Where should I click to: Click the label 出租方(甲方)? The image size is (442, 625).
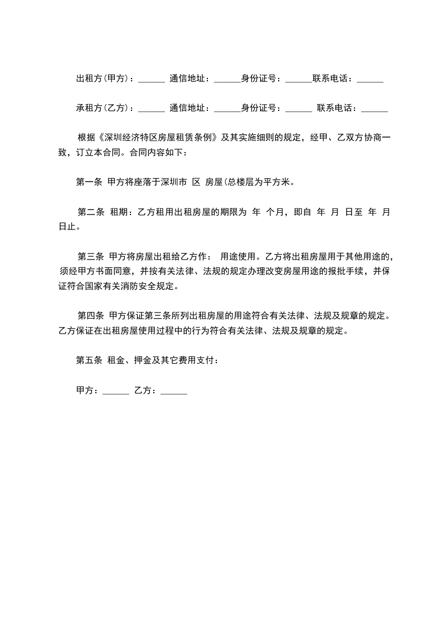[x=103, y=79]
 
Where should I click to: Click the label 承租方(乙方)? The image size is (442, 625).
[x=103, y=108]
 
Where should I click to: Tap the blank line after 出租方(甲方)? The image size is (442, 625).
[x=151, y=81]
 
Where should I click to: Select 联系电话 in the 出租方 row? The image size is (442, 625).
[x=332, y=79]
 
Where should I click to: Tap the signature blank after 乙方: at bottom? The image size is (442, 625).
[x=173, y=392]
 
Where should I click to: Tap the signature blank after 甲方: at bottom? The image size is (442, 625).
[x=116, y=392]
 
